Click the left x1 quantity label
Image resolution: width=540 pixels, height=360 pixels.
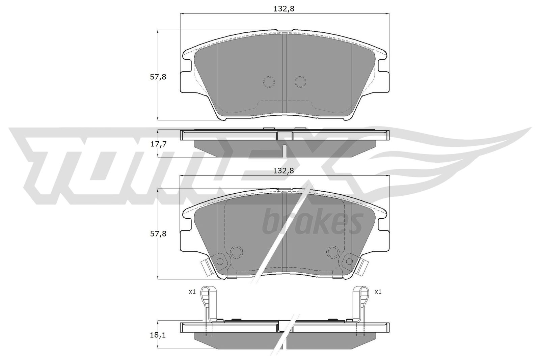click(192, 292)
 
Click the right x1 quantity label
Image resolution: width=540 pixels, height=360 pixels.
click(378, 292)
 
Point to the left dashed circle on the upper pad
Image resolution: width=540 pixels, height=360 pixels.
click(269, 82)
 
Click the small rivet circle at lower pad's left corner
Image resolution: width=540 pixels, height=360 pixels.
click(220, 261)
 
